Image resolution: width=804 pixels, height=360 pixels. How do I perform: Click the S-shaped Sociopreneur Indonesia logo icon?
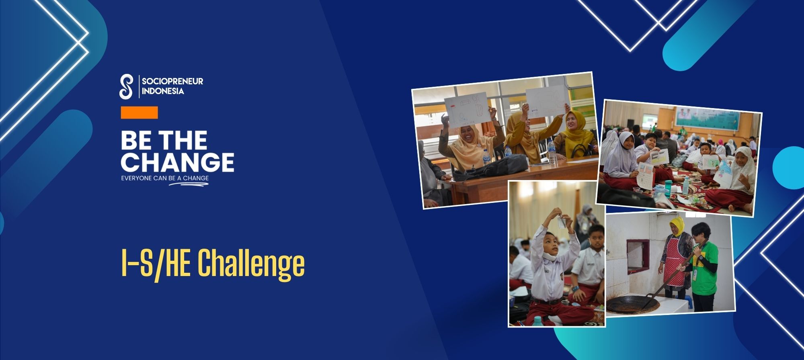pos(126,86)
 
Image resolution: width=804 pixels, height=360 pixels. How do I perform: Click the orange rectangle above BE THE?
pos(139,112)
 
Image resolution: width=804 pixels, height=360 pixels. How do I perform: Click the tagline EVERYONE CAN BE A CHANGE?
pos(165,178)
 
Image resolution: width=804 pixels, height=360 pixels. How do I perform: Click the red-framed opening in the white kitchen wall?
pos(638,254)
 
